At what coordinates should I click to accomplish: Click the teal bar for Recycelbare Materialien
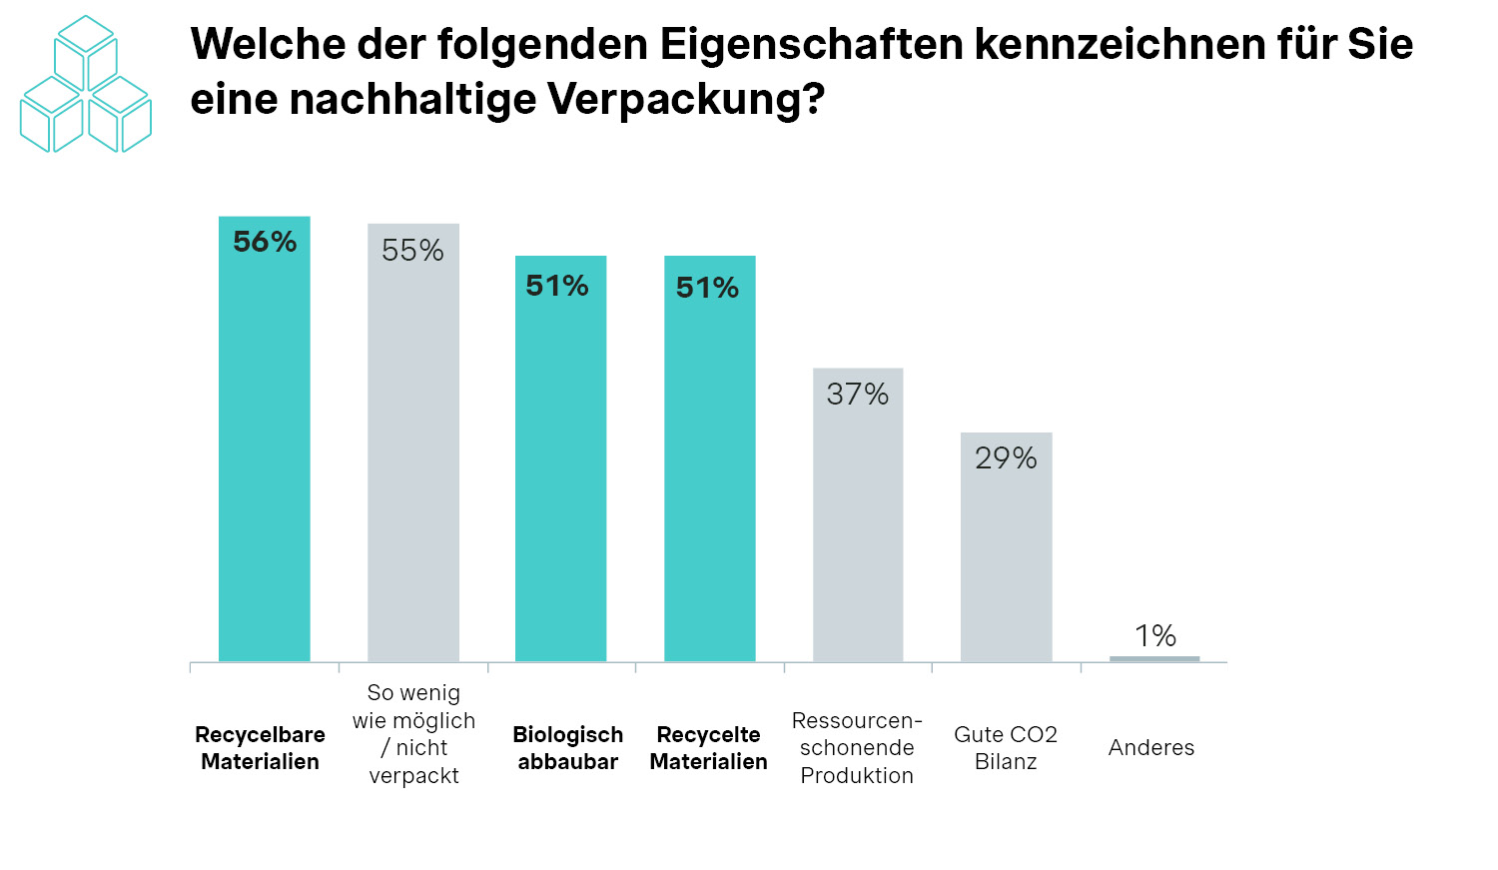tap(265, 449)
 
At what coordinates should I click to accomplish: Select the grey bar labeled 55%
tap(413, 459)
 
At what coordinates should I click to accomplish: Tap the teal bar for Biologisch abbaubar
tap(560, 469)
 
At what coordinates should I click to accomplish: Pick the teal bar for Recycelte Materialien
tap(709, 469)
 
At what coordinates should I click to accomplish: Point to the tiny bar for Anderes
tap(1154, 658)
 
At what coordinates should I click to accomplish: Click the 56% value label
tap(265, 242)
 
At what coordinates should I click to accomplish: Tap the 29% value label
tap(1006, 458)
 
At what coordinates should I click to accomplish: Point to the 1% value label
tap(1155, 635)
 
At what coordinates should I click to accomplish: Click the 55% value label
tap(412, 250)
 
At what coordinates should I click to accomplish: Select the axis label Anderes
tap(1151, 748)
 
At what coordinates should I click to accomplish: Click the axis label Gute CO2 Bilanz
tap(1006, 748)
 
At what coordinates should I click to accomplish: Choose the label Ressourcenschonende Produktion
tap(857, 748)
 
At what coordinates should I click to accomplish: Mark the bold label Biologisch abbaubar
tap(567, 748)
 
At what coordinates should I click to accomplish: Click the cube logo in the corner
tap(86, 85)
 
